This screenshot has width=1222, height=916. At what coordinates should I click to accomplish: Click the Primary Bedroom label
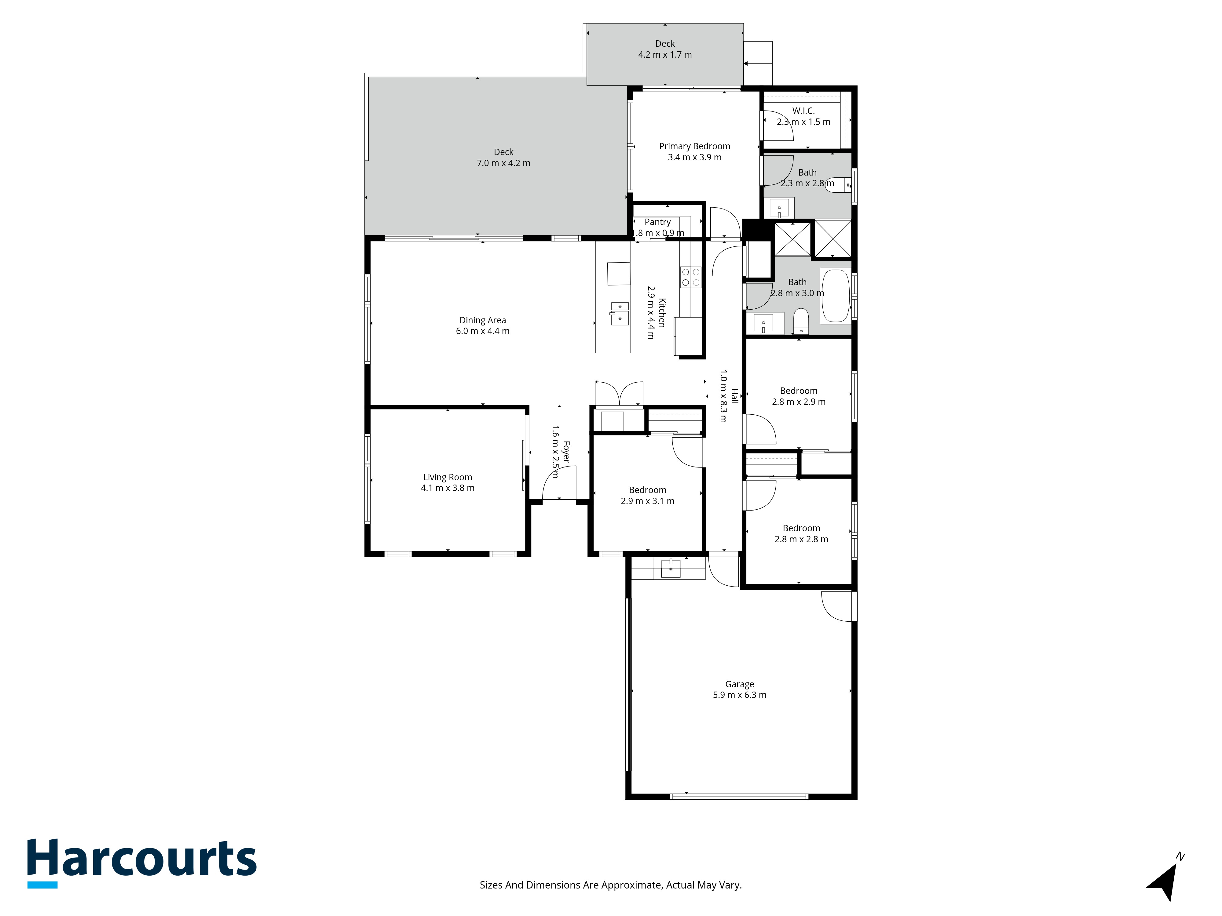[694, 146]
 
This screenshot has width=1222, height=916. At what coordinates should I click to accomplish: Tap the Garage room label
[739, 684]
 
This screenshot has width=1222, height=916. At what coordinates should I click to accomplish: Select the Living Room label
[448, 477]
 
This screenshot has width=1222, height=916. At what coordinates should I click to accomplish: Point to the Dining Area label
[482, 320]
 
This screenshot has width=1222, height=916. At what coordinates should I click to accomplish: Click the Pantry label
[657, 222]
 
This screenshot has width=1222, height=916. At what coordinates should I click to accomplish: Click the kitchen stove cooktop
[690, 277]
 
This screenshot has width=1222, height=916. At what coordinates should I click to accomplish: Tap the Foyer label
[566, 452]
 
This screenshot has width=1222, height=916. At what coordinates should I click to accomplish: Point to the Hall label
[734, 396]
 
